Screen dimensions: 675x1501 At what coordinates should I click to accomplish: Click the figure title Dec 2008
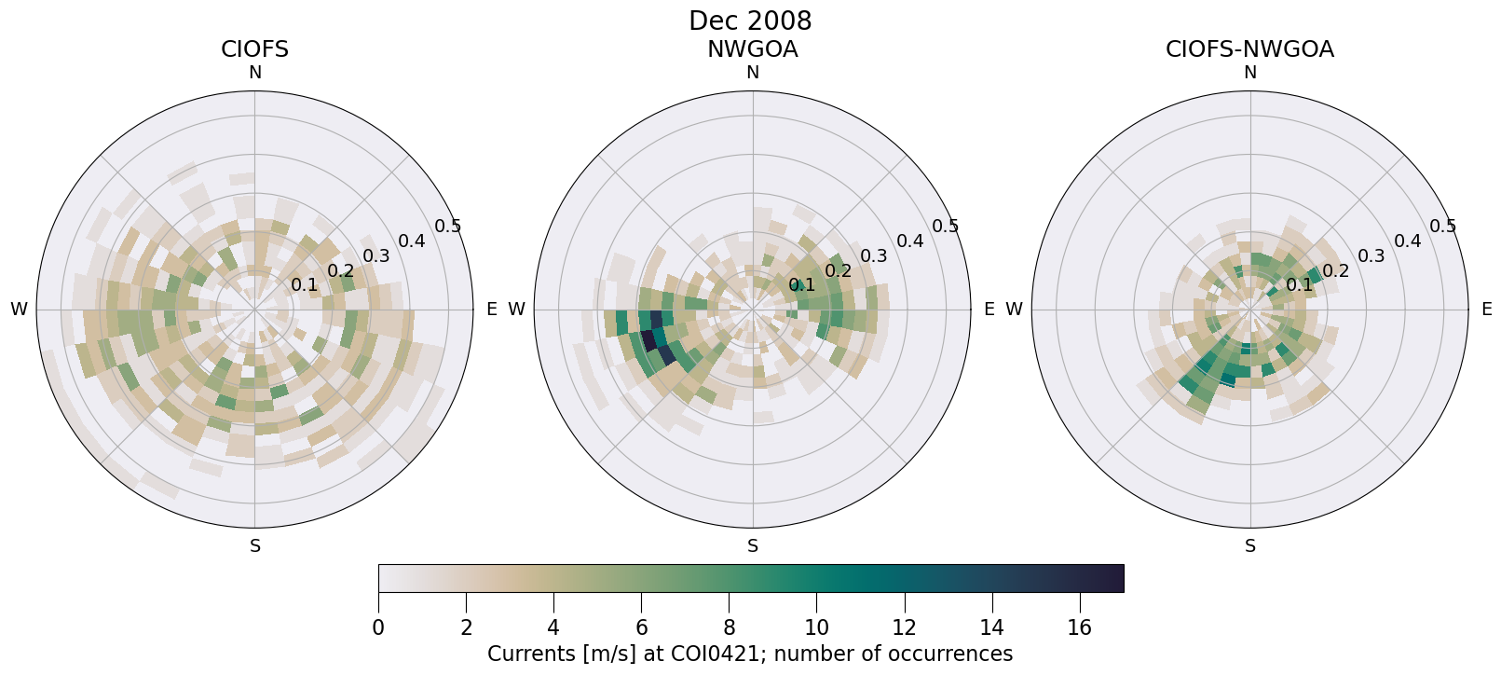pyautogui.click(x=750, y=21)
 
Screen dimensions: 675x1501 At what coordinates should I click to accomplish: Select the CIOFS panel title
pyautogui.click(x=254, y=49)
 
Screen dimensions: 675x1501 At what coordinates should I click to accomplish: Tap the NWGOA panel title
pyautogui.click(x=752, y=49)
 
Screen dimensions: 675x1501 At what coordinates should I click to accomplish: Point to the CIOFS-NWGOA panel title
pyautogui.click(x=1249, y=49)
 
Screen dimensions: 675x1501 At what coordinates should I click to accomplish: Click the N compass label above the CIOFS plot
pyautogui.click(x=254, y=73)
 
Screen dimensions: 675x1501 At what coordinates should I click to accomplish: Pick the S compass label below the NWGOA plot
pyautogui.click(x=753, y=546)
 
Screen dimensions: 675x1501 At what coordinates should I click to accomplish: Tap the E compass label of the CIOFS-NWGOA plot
pyautogui.click(x=1487, y=310)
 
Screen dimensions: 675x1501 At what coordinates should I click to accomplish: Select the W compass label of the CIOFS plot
pyautogui.click(x=19, y=310)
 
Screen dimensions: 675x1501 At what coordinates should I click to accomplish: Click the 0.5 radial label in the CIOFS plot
pyautogui.click(x=448, y=227)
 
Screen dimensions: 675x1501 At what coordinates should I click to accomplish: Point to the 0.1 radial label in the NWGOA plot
pyautogui.click(x=802, y=285)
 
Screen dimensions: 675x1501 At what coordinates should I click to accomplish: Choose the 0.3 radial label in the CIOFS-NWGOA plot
pyautogui.click(x=1371, y=256)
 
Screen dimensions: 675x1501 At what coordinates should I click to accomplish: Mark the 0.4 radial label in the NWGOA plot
pyautogui.click(x=910, y=241)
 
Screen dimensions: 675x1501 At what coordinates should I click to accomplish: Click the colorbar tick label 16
pyautogui.click(x=1079, y=628)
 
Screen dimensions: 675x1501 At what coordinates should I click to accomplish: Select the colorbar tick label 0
pyautogui.click(x=378, y=628)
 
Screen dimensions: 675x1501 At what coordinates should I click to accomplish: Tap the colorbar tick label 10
pyautogui.click(x=816, y=628)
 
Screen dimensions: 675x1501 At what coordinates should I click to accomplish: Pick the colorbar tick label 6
pyautogui.click(x=641, y=628)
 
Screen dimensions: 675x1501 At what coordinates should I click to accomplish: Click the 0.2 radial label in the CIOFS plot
pyautogui.click(x=341, y=271)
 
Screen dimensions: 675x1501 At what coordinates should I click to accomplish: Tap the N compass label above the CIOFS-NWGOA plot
pyautogui.click(x=1250, y=73)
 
